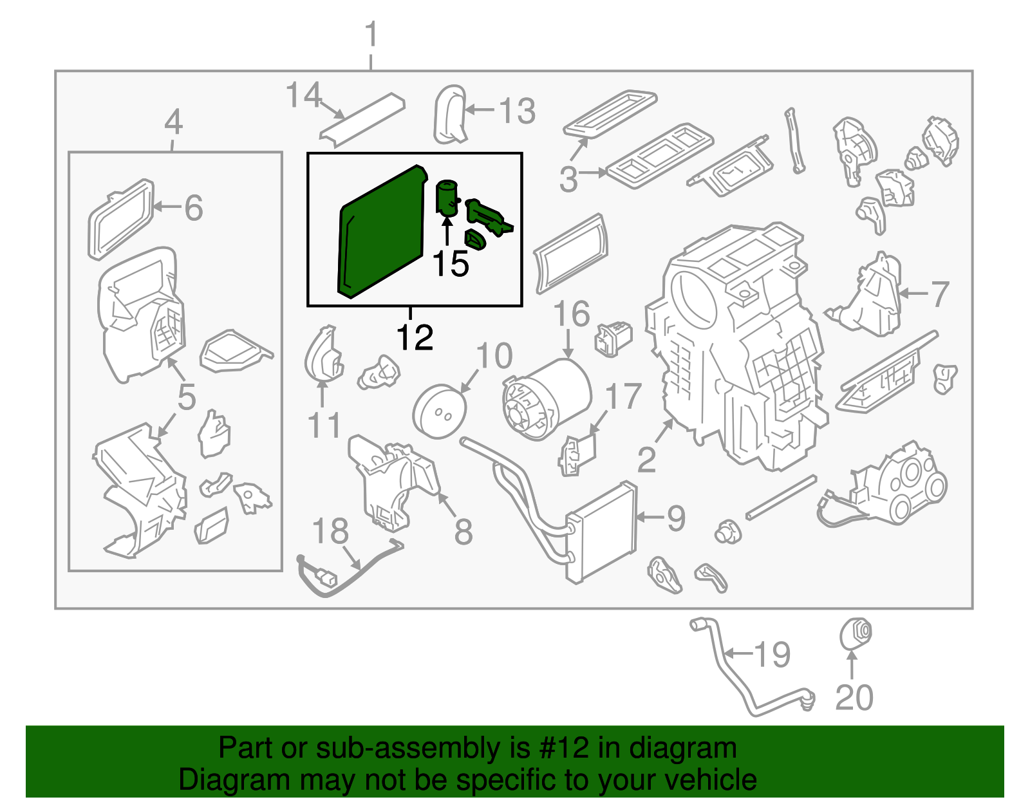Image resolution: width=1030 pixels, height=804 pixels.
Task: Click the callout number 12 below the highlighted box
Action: tap(415, 337)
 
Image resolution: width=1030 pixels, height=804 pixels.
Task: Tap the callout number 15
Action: tap(450, 263)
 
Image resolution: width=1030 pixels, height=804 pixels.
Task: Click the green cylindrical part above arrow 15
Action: tap(447, 196)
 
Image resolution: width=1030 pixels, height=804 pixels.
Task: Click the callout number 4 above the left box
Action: tap(173, 122)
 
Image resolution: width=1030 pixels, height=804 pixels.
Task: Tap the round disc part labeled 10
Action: tap(439, 411)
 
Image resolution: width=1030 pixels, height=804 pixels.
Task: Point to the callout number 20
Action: tap(854, 697)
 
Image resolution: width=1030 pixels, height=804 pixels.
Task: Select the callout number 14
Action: tap(303, 95)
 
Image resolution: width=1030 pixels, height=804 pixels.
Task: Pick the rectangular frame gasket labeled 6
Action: tap(120, 219)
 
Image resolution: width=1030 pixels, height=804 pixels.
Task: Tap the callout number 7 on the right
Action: tap(940, 294)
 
